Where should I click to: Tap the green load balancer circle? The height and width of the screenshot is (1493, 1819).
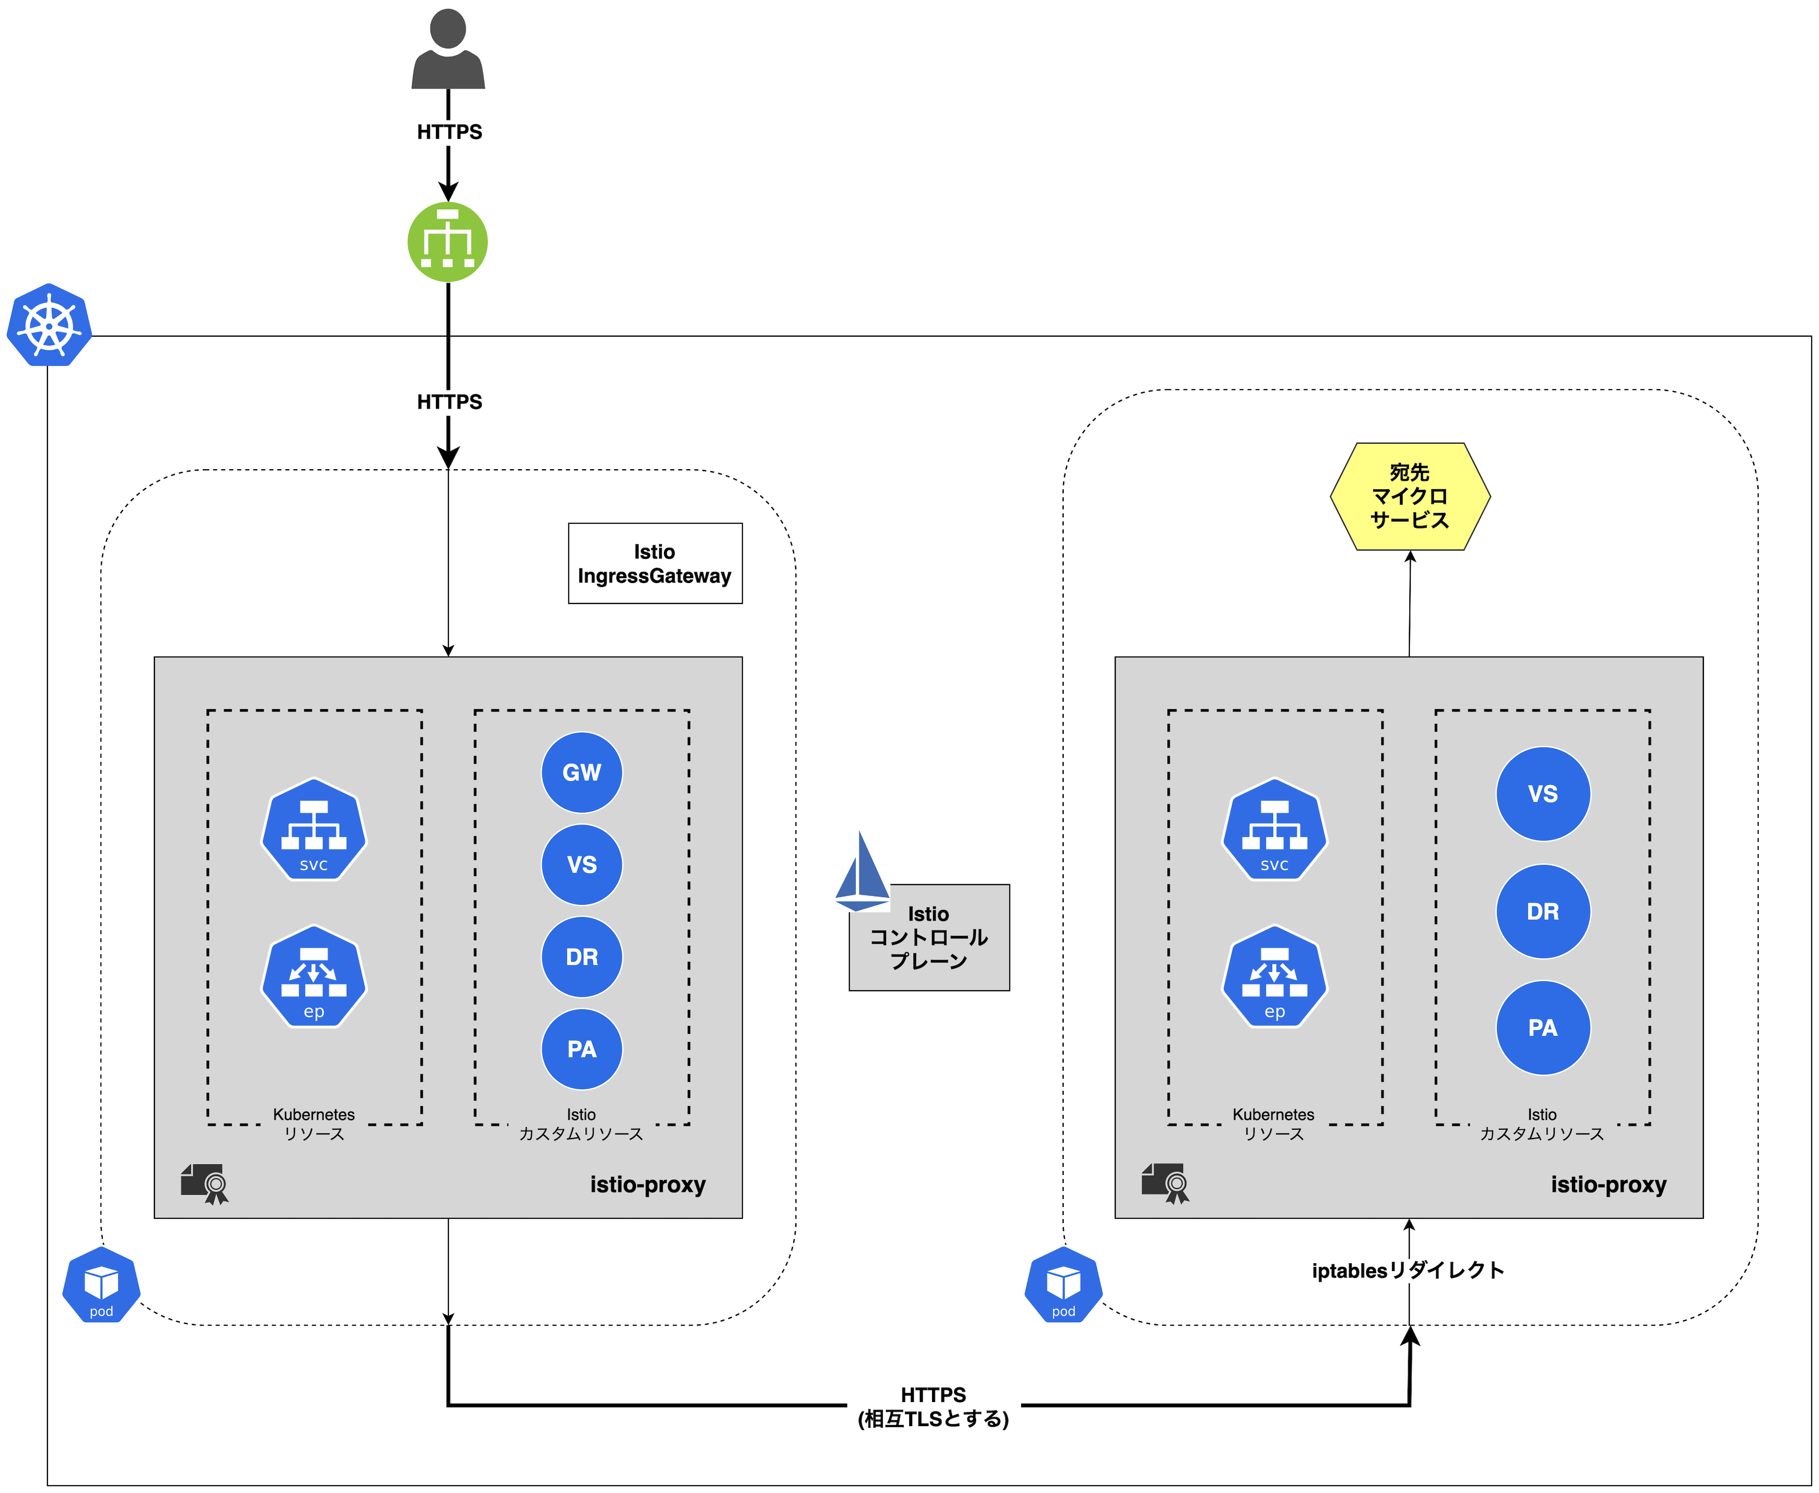(448, 242)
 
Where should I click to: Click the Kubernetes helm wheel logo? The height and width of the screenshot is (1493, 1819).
(50, 325)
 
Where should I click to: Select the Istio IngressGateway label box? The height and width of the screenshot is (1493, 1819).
(655, 563)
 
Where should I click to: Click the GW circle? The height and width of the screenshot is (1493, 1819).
(582, 772)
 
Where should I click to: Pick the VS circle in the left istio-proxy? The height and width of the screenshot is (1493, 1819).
(582, 864)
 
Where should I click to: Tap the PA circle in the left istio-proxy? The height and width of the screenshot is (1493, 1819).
(582, 1049)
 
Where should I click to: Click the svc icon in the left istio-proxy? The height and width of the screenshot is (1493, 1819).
(314, 829)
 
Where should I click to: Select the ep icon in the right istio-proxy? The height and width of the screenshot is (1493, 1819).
(1275, 976)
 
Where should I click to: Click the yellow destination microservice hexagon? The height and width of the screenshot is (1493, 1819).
(1410, 496)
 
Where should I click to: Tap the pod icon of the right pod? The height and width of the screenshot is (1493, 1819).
(1064, 1285)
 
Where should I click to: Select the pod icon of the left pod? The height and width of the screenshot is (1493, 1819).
(101, 1285)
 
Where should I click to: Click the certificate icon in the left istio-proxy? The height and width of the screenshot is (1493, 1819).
(205, 1184)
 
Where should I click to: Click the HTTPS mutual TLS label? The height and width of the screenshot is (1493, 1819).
(934, 1407)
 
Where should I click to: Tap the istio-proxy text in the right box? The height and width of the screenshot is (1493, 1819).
(1609, 1184)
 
